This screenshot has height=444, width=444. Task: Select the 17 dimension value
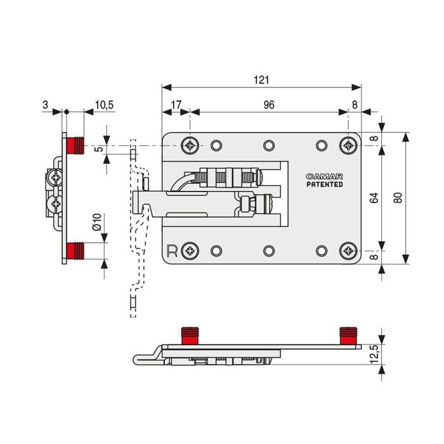coord(176,105)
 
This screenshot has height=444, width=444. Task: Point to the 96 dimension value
coord(269,105)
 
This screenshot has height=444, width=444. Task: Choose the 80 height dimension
coord(397,198)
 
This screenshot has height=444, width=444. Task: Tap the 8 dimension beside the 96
coord(354,105)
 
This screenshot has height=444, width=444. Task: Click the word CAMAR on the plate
coord(324,176)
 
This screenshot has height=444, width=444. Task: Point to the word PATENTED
coord(324,185)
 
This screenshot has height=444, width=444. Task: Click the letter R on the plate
coord(171,250)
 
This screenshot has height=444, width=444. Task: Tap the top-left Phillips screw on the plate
coord(190,145)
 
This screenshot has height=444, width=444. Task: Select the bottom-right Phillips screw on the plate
coord(348,251)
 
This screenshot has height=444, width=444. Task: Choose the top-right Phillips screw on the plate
coord(348,145)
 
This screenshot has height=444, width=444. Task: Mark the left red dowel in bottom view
coord(189,335)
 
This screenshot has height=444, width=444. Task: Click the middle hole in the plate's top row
coord(269,145)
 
